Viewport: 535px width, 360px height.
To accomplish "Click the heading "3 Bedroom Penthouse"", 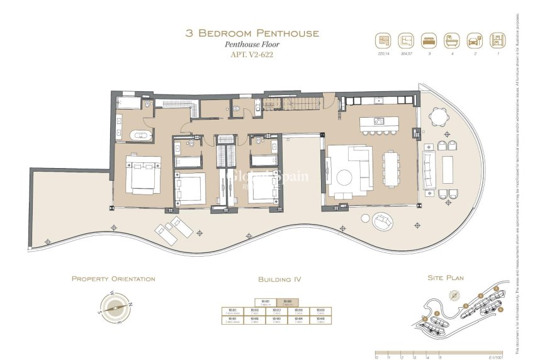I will coord(252,33).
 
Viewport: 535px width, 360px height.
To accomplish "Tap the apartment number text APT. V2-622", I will coord(252,55).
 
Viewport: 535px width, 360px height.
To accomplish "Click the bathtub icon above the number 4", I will coord(452,40).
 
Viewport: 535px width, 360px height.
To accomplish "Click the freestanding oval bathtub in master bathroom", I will coord(140,135).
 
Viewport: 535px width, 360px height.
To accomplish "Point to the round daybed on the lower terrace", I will coord(383,221).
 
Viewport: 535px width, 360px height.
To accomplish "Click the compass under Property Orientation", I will coord(113,307).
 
